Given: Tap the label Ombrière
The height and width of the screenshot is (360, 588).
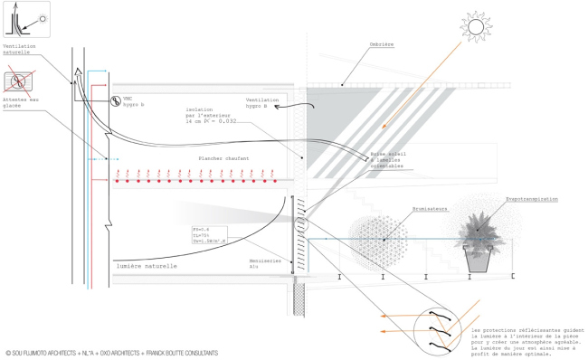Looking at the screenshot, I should point(382,44).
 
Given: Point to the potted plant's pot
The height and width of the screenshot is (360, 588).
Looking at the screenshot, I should point(480,260).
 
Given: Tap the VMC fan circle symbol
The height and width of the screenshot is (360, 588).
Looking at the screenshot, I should point(116,101).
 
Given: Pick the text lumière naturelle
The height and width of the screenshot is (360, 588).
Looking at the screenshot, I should point(147,267).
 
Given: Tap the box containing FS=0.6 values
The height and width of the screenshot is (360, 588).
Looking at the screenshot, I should point(209,236).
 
